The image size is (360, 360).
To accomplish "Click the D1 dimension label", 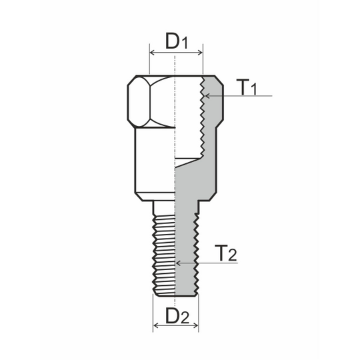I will [175, 41].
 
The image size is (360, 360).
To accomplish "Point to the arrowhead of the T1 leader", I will [207, 97].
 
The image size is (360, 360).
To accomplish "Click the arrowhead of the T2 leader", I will [178, 263].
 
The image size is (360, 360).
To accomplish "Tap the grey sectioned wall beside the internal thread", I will [213, 133].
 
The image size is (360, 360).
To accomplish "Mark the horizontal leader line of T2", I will [213, 263].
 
